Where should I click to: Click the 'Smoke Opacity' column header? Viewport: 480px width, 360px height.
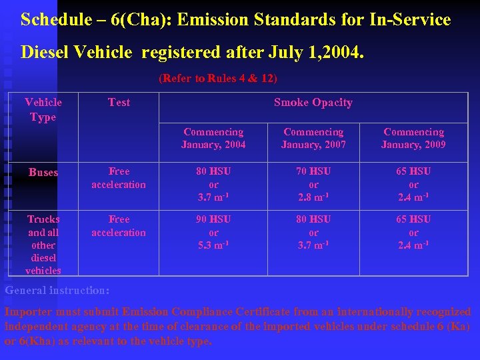(x=313, y=102)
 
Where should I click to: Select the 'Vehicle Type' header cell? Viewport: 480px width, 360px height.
(x=43, y=109)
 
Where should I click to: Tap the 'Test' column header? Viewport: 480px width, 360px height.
(x=119, y=102)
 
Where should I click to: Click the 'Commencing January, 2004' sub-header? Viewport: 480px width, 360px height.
(x=213, y=138)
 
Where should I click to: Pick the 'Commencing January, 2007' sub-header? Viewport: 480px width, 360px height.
(x=313, y=138)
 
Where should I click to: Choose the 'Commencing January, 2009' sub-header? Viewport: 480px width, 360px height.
(x=413, y=138)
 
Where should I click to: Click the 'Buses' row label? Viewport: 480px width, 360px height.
(x=43, y=172)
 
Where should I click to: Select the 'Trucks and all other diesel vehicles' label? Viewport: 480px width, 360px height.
(x=43, y=245)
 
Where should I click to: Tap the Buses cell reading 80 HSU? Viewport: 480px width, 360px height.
(x=213, y=184)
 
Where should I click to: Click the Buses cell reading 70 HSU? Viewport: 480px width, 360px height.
(x=313, y=184)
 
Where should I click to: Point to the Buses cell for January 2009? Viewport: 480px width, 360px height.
(x=413, y=184)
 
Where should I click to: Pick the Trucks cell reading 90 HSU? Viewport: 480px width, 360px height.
(x=213, y=232)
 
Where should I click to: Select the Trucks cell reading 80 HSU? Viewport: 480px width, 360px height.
(x=313, y=232)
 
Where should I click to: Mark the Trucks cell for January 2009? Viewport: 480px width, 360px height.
(x=413, y=232)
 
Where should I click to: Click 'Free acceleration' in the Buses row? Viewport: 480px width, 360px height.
(x=119, y=178)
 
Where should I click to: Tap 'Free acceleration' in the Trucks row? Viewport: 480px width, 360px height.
(x=119, y=226)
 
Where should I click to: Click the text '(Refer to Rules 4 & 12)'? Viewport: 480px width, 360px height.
(x=218, y=79)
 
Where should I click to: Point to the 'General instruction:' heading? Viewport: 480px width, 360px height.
(x=57, y=291)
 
